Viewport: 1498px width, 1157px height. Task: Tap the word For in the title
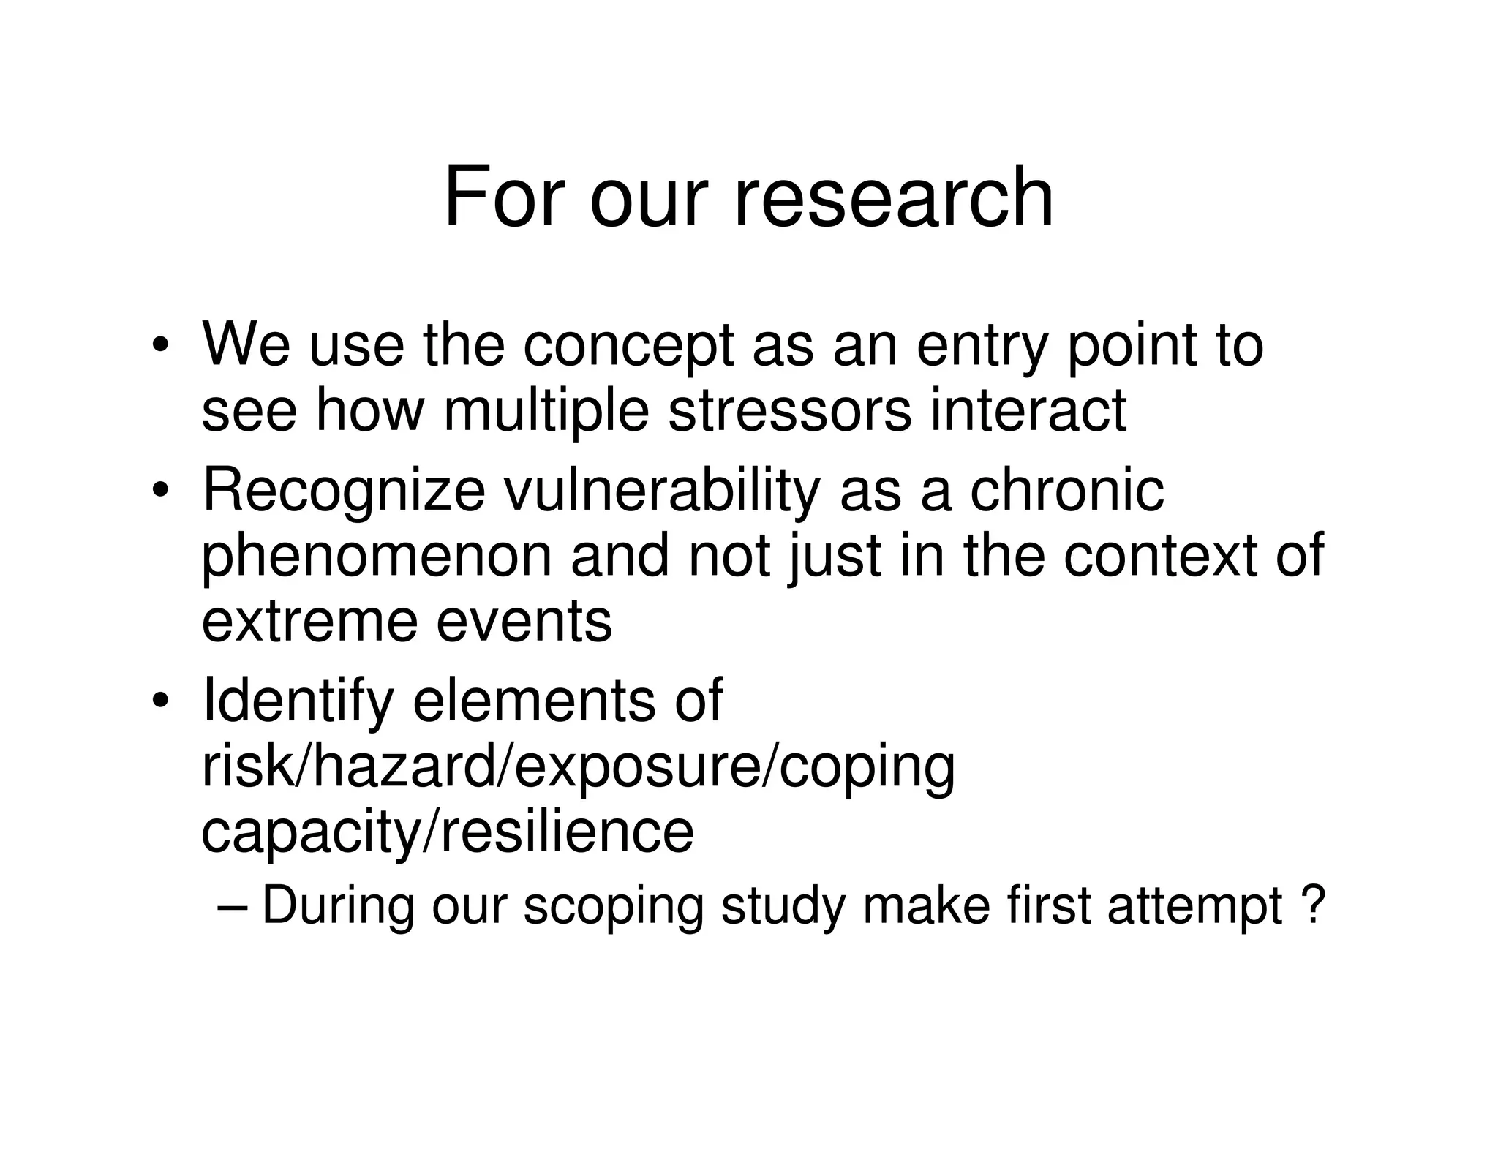pos(505,197)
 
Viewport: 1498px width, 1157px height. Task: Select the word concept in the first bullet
pos(628,347)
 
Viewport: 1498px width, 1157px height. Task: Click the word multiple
pos(546,412)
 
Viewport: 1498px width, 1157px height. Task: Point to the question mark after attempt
pos(1314,905)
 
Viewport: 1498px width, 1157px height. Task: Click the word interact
pos(1028,410)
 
